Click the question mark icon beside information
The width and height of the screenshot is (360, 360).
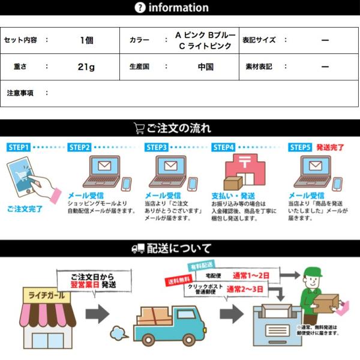(x=140, y=7)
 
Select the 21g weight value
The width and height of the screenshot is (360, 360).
(x=86, y=67)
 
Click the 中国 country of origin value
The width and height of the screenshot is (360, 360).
(x=206, y=67)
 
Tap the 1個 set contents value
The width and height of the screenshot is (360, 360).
(x=86, y=40)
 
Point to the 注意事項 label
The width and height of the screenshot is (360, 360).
(x=20, y=93)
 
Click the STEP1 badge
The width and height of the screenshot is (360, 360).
(x=19, y=146)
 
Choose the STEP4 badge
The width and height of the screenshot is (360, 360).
(x=223, y=147)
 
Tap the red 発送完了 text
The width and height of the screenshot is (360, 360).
(x=330, y=147)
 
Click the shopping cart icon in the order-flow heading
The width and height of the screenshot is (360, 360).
(x=139, y=128)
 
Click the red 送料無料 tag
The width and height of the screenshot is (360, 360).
(x=178, y=281)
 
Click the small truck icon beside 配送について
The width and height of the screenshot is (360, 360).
(x=138, y=248)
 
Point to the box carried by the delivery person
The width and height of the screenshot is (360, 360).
(x=327, y=303)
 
